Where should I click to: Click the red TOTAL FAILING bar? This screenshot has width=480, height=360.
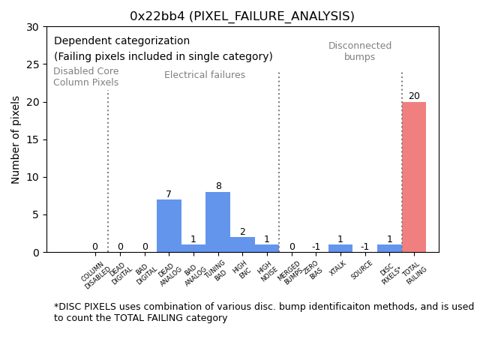[414, 177]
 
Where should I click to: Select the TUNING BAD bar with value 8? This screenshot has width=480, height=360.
[217, 222]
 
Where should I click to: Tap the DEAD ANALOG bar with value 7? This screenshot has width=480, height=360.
[169, 226]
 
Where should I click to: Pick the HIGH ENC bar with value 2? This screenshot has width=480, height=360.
[242, 244]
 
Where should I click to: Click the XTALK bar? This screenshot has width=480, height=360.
[340, 248]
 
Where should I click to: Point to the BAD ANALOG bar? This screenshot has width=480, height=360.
[193, 248]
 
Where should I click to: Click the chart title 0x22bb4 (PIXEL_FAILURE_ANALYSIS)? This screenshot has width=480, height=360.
[242, 16]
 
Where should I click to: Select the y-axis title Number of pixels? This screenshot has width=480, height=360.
[16, 139]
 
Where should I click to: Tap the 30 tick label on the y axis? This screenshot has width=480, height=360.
[34, 27]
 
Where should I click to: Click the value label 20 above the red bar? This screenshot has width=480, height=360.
[414, 96]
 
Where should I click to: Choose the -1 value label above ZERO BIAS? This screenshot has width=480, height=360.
[316, 247]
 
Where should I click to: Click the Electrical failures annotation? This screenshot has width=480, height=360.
[205, 75]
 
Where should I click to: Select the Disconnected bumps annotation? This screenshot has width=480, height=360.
[360, 51]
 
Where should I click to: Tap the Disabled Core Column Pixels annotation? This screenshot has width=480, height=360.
[85, 76]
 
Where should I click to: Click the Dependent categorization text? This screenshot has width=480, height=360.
[121, 41]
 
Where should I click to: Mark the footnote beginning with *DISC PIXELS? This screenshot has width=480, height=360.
[263, 312]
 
